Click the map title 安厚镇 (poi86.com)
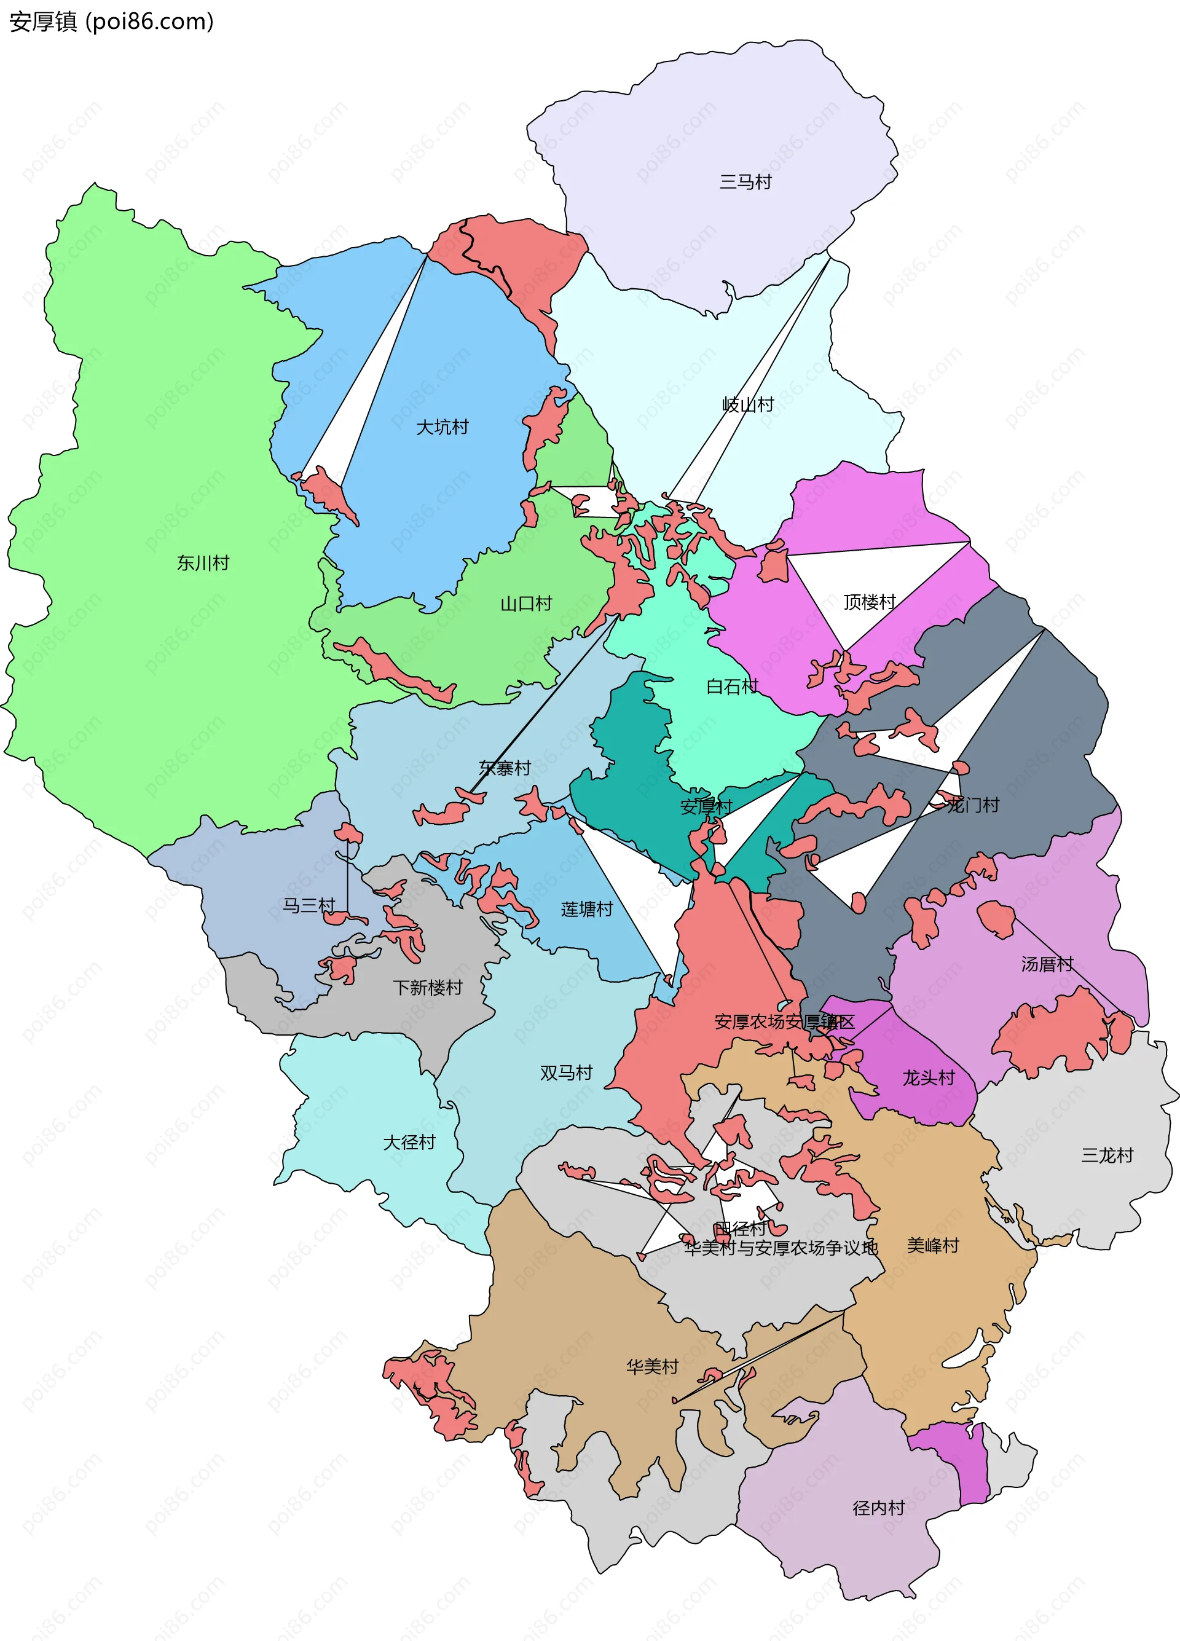point(111,22)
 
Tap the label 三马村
point(745,181)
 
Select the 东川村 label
point(203,562)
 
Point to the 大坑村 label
point(442,427)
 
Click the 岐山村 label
point(748,404)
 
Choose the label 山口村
point(526,604)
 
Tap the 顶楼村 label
point(870,602)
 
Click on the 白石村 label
point(732,686)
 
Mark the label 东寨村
point(505,768)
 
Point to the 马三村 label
point(309,905)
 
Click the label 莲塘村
point(587,910)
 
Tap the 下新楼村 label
point(428,988)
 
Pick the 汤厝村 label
point(1047,964)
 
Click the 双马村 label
point(567,1072)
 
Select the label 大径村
point(409,1142)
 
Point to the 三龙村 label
point(1107,1155)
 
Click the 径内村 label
point(879,1508)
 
